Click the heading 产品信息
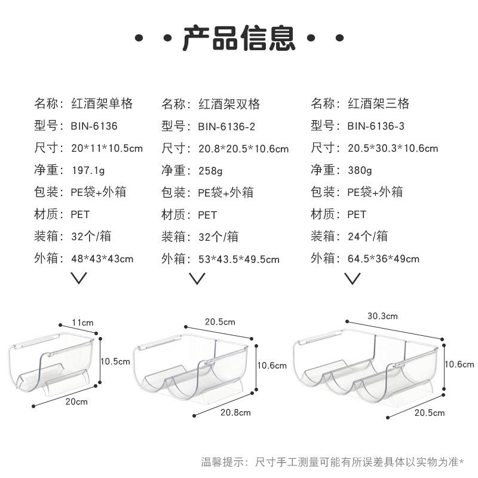(239, 37)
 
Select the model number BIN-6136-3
(376, 127)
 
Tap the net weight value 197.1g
(87, 171)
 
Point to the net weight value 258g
(210, 171)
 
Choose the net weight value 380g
(359, 171)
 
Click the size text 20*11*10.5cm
(106, 149)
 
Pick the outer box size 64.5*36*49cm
(383, 259)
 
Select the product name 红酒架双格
(229, 104)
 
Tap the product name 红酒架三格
(378, 104)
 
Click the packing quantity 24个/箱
(367, 237)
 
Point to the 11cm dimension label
(83, 323)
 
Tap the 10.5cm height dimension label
(115, 361)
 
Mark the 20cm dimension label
(77, 402)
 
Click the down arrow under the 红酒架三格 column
(353, 278)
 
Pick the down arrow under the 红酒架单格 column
(79, 278)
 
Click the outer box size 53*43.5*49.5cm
(238, 259)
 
